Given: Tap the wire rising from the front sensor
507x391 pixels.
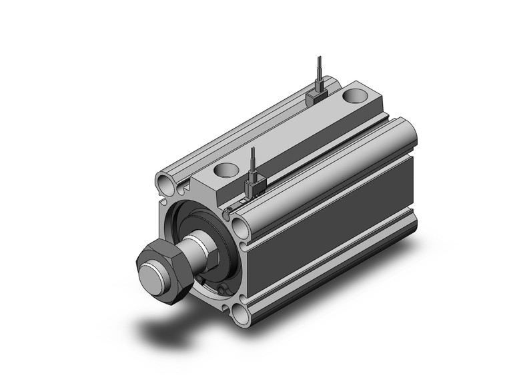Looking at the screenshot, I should pos(252,160).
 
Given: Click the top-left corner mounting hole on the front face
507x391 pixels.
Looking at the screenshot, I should pos(164,181).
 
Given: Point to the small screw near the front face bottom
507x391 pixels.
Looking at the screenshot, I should pos(221,288).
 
